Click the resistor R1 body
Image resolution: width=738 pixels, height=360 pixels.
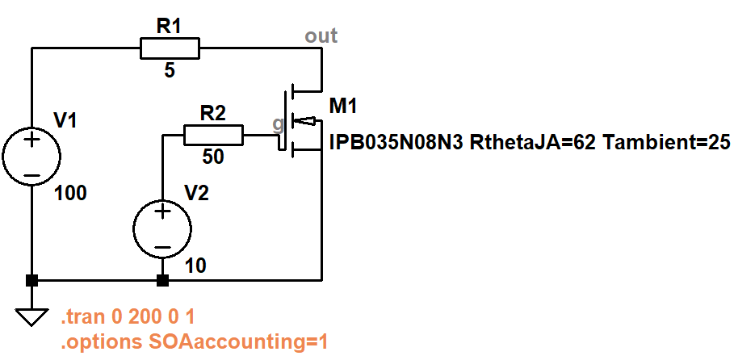pyautogui.click(x=170, y=48)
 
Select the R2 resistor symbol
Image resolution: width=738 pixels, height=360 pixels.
pyautogui.click(x=213, y=135)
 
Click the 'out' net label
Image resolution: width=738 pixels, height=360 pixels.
pyautogui.click(x=321, y=36)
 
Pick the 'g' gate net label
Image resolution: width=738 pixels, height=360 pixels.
pyautogui.click(x=278, y=123)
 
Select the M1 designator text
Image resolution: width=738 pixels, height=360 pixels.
pyautogui.click(x=343, y=106)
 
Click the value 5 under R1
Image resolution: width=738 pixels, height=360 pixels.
pyautogui.click(x=170, y=71)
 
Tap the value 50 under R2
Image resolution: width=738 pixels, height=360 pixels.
pyautogui.click(x=213, y=157)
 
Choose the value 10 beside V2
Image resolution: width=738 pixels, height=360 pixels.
pyautogui.click(x=196, y=267)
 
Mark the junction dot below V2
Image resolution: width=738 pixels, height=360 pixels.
pyautogui.click(x=162, y=281)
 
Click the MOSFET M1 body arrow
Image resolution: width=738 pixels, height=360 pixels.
pyautogui.click(x=302, y=121)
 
